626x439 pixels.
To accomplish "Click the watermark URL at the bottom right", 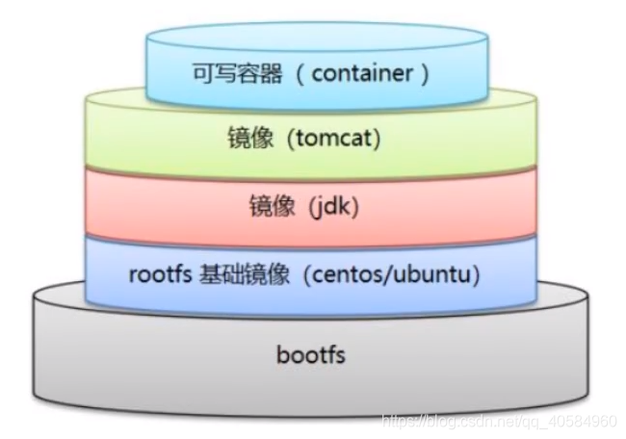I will [500, 421].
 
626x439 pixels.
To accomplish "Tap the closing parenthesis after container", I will [425, 73].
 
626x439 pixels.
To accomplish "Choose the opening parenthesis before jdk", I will [306, 206].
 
